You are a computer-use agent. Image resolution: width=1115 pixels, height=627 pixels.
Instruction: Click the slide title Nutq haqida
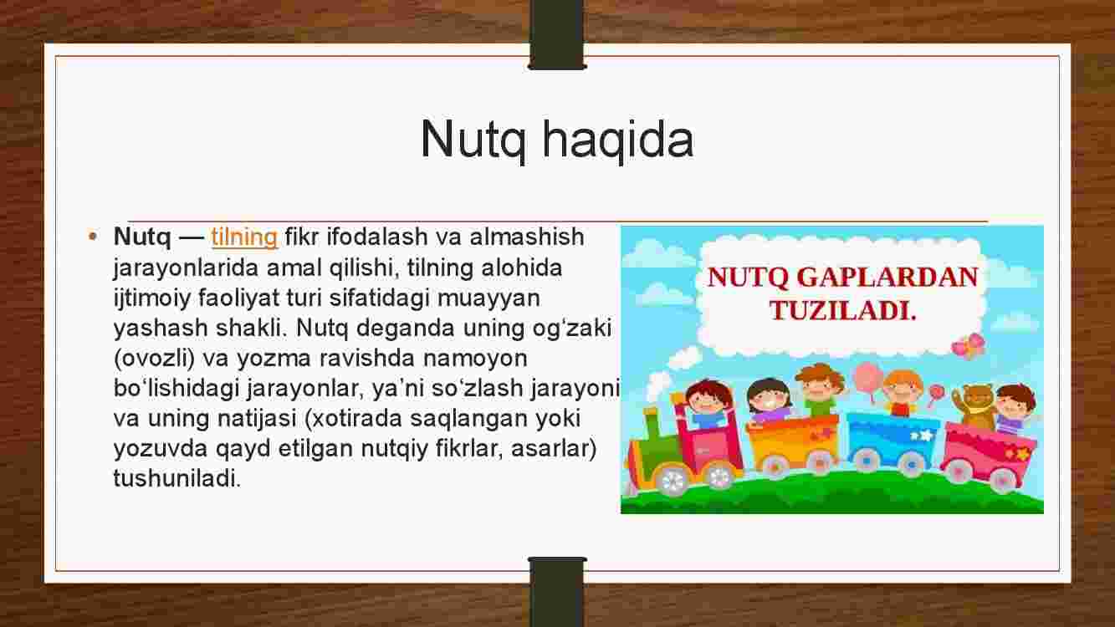(557, 140)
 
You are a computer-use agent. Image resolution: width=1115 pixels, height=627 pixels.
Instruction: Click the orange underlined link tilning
(244, 237)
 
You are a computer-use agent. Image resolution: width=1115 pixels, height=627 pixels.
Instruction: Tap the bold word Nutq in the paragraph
(142, 237)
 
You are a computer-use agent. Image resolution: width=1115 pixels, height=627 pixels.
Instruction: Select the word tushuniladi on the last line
(177, 478)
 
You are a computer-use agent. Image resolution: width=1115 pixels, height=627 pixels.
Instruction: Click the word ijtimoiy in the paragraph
(152, 298)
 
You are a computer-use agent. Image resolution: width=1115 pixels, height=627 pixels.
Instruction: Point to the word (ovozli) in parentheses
(154, 359)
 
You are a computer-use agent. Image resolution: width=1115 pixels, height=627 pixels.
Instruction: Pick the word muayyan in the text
(488, 299)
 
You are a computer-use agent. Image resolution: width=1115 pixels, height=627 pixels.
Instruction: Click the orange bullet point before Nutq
(92, 237)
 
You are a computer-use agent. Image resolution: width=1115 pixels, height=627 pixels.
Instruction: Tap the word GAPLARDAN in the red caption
(887, 278)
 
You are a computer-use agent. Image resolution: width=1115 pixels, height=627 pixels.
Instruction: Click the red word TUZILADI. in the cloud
(842, 310)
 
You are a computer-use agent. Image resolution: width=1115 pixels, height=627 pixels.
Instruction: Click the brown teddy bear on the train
(974, 405)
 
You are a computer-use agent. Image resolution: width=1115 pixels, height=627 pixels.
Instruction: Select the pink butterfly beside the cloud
(968, 346)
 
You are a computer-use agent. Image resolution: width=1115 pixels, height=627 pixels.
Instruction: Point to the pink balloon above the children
(868, 377)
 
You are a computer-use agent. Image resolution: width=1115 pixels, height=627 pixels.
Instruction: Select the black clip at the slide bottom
(557, 592)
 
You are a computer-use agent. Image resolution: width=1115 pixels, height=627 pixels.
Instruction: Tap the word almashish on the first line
(527, 237)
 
